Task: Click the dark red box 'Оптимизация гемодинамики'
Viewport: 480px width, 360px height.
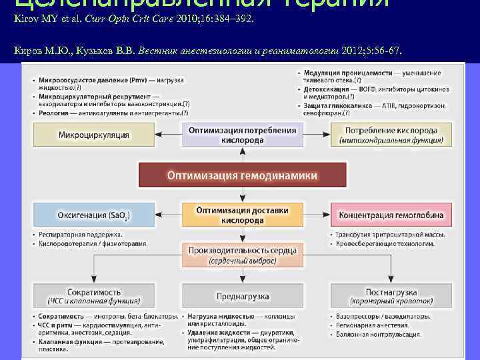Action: [x=242, y=175]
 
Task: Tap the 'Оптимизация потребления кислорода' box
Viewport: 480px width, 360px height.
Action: [x=242, y=135]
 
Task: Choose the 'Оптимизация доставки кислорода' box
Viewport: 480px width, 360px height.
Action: [x=242, y=215]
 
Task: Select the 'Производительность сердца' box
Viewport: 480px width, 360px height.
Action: [x=242, y=255]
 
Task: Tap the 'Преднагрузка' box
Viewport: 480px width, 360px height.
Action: [x=242, y=295]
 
